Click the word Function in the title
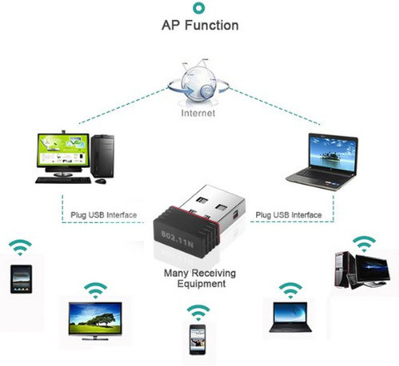pos(212,25)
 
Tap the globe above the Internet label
pos(199,83)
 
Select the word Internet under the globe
pos(198,113)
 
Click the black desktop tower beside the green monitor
pos(102,156)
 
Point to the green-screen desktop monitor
pos(63,152)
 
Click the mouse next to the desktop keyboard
pos(101,181)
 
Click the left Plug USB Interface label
pos(104,215)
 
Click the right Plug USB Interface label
pos(288,215)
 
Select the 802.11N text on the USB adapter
pos(177,239)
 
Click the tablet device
pos(21,279)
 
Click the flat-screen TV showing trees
pos(95,321)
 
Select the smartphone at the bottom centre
pos(198,339)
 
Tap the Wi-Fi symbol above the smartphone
pos(198,313)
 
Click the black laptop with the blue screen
pos(290,317)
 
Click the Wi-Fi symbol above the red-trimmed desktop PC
pos(364,244)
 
